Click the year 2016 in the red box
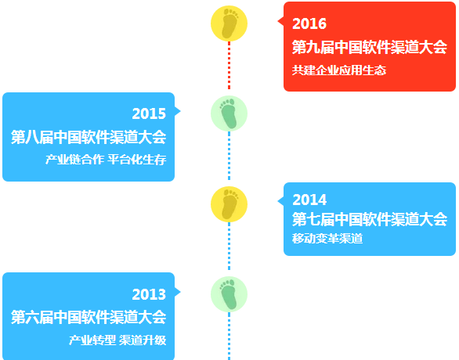[309, 23]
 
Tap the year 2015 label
[149, 113]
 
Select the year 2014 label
[309, 200]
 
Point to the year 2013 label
[149, 294]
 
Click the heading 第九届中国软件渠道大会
[370, 47]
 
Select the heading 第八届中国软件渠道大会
[89, 137]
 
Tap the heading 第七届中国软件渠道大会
[370, 219]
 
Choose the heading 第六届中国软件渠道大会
[89, 317]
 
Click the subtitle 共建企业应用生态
[339, 70]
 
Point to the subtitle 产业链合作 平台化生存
[106, 160]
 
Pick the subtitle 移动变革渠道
[327, 239]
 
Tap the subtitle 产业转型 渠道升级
[117, 340]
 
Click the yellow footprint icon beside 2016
[229, 23]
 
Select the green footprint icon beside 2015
[229, 113]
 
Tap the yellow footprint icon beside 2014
[229, 204]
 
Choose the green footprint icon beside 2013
[229, 294]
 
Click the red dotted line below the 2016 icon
[229, 66]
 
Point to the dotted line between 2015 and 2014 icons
[229, 156]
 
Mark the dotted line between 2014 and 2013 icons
[229, 247]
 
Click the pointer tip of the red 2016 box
[277, 21]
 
